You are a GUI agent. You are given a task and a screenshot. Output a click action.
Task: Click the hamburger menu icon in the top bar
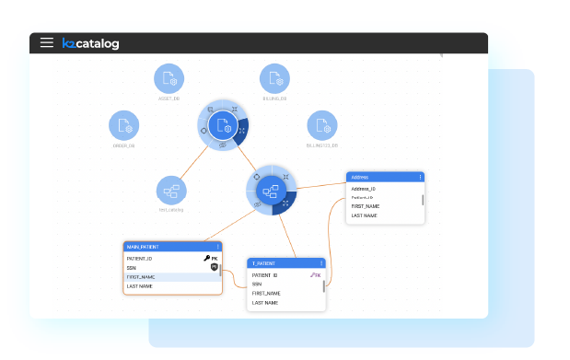point(46,42)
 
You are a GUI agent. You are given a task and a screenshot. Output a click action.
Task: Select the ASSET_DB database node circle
point(169,79)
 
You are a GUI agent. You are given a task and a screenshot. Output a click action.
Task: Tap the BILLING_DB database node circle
point(274,79)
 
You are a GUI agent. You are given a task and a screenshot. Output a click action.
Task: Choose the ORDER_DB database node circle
point(124,126)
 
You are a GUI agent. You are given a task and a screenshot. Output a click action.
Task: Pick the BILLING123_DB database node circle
point(322,126)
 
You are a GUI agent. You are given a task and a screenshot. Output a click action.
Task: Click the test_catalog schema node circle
point(171,191)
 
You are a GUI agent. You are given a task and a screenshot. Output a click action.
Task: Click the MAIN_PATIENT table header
point(166,247)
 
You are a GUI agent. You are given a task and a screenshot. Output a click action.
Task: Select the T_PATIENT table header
point(281,263)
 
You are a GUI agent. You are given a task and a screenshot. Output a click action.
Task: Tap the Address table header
point(378,177)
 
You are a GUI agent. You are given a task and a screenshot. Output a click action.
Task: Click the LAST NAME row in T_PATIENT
point(267,303)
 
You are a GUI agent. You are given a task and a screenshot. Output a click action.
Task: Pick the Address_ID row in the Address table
point(368,189)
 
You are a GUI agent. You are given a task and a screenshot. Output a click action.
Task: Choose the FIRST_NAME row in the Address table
point(368,206)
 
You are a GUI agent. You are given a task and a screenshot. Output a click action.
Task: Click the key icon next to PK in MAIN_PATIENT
point(206,259)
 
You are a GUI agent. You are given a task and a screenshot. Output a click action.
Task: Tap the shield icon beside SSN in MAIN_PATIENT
point(214,268)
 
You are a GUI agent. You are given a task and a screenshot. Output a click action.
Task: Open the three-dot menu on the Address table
point(421,177)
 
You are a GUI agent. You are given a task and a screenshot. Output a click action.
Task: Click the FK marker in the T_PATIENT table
point(316,274)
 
